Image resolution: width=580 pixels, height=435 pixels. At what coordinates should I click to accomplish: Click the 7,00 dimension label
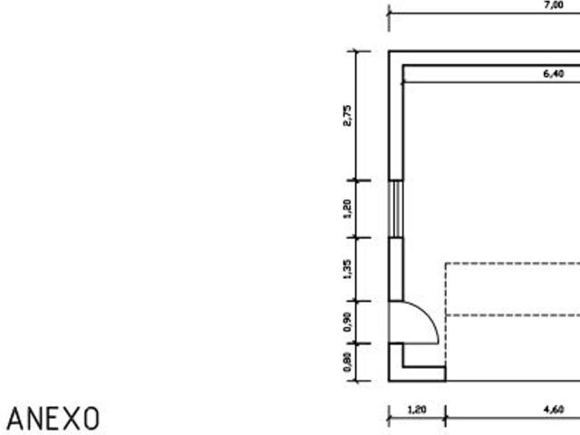(x=554, y=5)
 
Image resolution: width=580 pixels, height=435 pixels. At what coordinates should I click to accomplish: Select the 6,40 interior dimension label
(x=554, y=74)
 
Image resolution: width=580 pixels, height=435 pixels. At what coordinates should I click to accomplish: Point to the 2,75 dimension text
(x=347, y=116)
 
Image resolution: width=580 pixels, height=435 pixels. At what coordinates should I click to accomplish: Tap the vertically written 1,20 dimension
(x=347, y=209)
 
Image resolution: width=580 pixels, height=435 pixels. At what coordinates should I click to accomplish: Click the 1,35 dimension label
(x=347, y=270)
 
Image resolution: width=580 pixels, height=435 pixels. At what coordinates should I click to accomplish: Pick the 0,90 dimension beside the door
(x=347, y=323)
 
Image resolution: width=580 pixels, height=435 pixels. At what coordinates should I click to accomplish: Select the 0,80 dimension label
(x=347, y=362)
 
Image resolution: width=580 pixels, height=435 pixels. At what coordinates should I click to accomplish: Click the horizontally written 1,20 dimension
(x=417, y=410)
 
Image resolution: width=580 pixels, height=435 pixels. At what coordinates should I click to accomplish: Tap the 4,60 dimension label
(x=554, y=410)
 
